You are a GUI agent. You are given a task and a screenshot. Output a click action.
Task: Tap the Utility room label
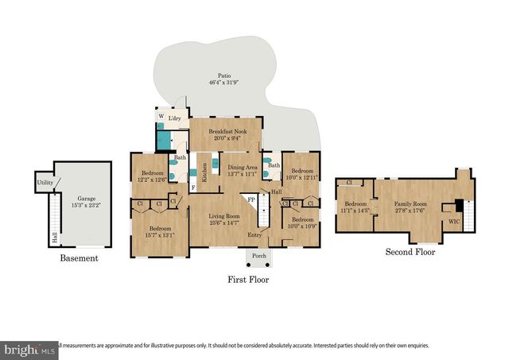point(45,184)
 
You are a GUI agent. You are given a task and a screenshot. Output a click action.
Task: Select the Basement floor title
point(79,258)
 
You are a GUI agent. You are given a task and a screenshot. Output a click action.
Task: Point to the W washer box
point(161,116)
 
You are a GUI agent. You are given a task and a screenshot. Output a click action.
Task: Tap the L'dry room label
point(174,118)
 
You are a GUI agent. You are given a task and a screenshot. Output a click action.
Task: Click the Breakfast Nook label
point(227,130)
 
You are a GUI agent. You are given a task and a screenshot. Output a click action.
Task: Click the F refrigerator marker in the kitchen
point(194,188)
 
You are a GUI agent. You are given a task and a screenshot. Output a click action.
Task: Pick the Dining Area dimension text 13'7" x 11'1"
point(243,173)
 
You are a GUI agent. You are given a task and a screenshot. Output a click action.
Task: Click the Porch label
point(258,256)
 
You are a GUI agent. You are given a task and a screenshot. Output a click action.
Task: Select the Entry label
point(254,234)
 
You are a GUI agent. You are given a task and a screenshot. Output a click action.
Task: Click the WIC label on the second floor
point(454,220)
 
